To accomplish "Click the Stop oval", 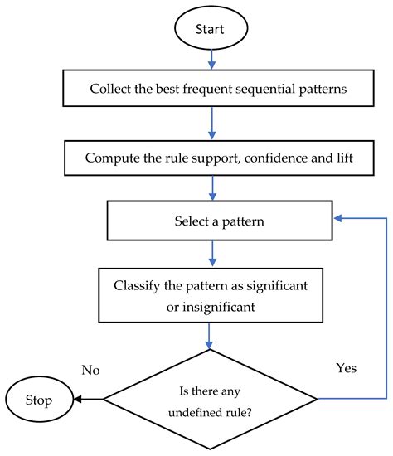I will pos(39,400).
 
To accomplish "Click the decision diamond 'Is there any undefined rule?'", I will pos(211,399).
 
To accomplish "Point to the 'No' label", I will pos(90,371).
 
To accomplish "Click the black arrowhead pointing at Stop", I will pos(78,400).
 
